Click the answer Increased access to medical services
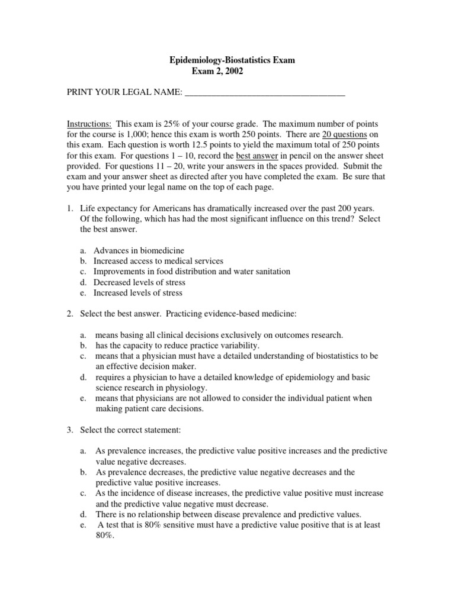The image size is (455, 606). (x=158, y=261)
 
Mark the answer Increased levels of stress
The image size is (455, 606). (x=138, y=293)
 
